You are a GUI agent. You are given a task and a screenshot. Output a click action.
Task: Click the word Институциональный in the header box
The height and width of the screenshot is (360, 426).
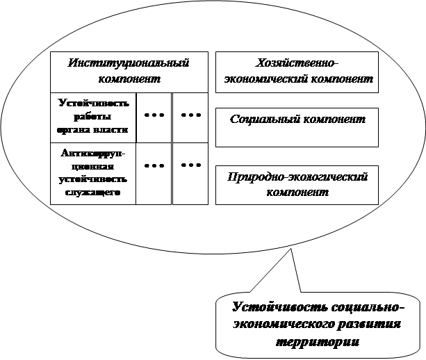coord(129,63)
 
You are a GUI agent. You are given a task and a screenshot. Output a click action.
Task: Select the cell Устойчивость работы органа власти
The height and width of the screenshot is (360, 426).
coord(93,117)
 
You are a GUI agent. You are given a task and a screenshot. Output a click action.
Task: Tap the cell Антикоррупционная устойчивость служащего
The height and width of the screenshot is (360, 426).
coord(93,174)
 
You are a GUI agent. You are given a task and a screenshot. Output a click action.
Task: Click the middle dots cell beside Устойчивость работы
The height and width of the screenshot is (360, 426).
coord(154,117)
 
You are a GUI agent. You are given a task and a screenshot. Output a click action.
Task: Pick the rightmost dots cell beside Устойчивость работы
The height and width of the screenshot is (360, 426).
coord(190,117)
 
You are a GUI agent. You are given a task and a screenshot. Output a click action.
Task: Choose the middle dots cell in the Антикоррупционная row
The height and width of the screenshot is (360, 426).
coord(154,174)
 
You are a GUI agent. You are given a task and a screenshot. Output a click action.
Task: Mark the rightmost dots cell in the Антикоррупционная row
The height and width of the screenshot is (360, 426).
coord(190,174)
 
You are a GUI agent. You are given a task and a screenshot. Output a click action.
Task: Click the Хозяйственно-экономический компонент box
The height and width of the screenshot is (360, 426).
coord(297,72)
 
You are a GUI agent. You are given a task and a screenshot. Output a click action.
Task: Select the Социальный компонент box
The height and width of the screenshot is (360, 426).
coord(297,127)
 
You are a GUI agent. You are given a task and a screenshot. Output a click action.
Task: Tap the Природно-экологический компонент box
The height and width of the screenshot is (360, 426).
coord(297,185)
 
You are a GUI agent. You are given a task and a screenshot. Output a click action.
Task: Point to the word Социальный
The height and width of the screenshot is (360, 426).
coord(264,120)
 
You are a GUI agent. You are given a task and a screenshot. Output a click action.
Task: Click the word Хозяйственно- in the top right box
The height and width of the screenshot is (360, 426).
coord(297,63)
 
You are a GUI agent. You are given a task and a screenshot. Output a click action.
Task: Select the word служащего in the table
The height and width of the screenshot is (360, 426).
coord(92,193)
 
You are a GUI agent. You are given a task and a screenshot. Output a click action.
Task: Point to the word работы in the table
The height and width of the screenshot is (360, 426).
coord(92,117)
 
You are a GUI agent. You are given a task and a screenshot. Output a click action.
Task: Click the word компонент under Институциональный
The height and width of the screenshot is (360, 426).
coord(129,79)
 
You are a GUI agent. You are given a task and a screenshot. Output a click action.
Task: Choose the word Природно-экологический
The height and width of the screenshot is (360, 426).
coord(297,177)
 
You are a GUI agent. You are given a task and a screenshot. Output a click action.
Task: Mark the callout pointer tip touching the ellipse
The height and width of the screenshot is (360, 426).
coord(291,248)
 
